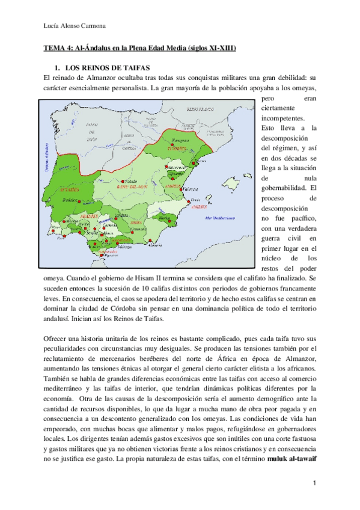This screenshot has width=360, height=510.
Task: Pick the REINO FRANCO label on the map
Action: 201,110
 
